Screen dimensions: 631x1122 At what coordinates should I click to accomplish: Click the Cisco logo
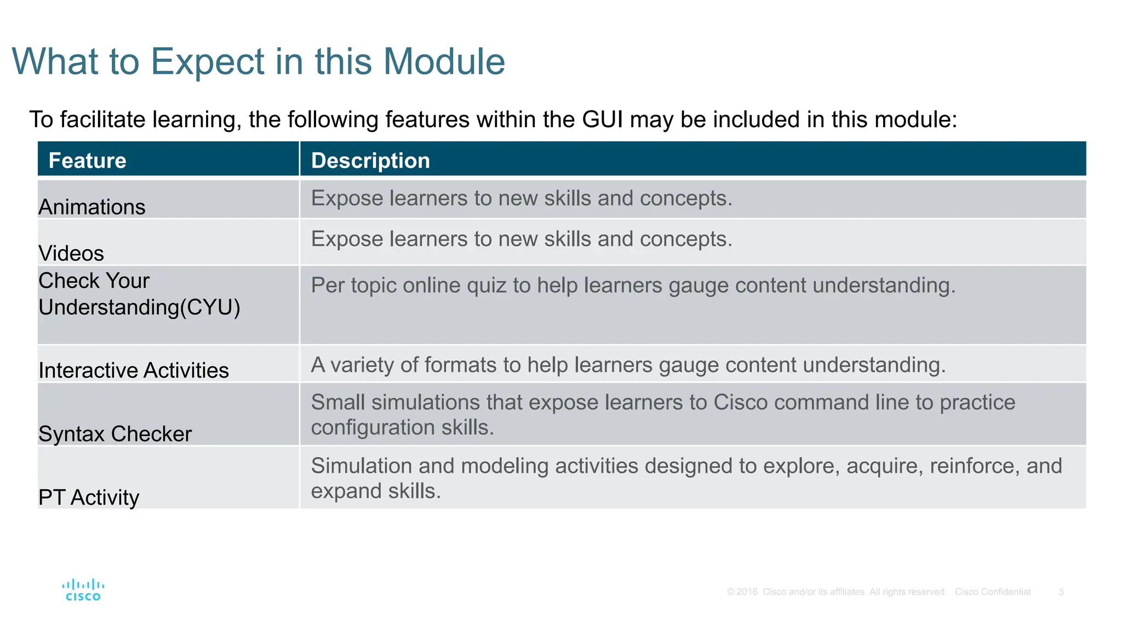[83, 590]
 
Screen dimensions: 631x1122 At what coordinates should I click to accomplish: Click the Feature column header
[88, 160]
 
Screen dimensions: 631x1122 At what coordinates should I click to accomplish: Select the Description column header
[370, 160]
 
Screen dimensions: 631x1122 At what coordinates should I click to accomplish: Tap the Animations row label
[92, 207]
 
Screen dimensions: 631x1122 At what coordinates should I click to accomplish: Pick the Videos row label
[71, 253]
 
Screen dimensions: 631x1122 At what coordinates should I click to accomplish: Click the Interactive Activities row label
[134, 370]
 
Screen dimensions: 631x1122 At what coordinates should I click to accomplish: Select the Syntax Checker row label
[115, 434]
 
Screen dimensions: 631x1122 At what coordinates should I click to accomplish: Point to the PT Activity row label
[89, 497]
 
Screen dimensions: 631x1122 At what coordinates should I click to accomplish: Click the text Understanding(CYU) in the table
[139, 307]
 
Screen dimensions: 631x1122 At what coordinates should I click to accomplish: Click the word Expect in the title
[208, 61]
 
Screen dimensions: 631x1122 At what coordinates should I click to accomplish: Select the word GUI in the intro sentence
[602, 119]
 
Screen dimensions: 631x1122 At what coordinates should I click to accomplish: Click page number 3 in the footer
[1061, 592]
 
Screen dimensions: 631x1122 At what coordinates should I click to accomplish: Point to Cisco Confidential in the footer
[992, 592]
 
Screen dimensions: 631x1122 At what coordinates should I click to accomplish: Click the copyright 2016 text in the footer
[742, 592]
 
